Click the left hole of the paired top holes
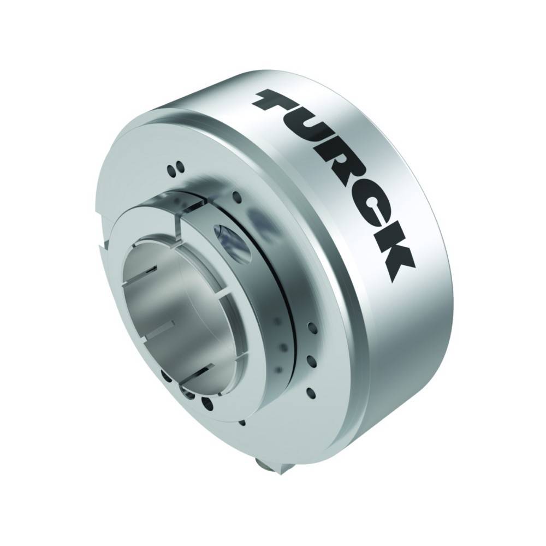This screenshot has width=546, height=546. click(171, 170)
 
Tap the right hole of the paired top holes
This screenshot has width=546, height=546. click(180, 167)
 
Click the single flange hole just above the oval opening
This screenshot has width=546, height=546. click(238, 197)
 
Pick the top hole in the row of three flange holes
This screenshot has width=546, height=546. click(312, 328)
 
